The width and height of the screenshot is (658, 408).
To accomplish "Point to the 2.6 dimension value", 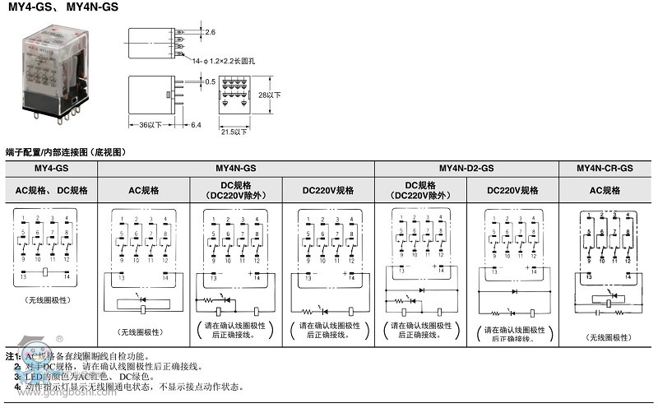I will click(x=210, y=32).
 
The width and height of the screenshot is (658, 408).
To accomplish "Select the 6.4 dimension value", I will click(x=196, y=125).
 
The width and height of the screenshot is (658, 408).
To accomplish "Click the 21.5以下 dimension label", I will click(x=234, y=132).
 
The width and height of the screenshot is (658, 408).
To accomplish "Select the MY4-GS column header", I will click(x=51, y=168).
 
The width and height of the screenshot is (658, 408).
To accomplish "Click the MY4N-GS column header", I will click(x=236, y=168).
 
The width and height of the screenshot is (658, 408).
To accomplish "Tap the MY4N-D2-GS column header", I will click(x=466, y=168).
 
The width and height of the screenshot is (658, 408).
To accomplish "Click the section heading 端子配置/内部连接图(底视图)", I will click(x=64, y=152).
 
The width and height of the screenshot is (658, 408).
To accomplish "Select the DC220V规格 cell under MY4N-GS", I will click(x=328, y=190).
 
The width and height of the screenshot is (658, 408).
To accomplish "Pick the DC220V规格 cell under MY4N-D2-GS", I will click(x=512, y=190).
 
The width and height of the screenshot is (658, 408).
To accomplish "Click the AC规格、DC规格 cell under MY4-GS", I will click(x=51, y=190).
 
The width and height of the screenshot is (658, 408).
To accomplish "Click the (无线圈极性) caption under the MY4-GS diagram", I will click(x=47, y=300).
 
